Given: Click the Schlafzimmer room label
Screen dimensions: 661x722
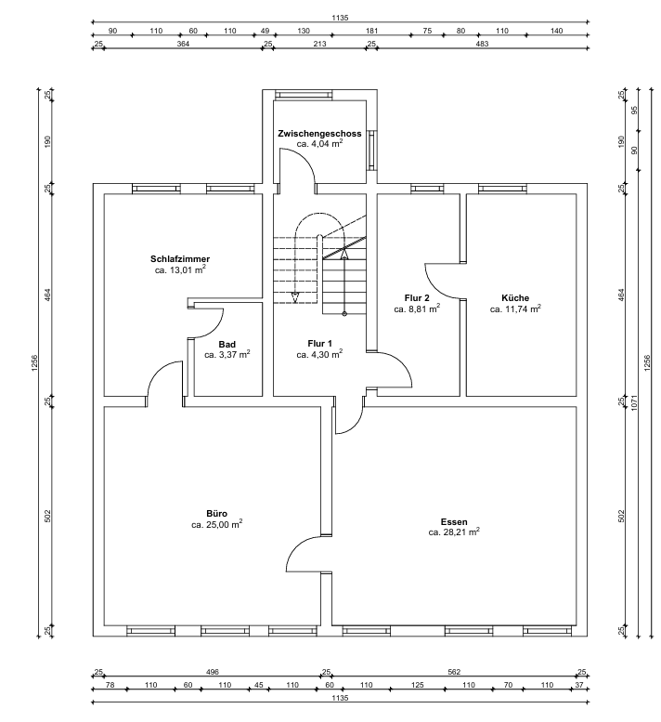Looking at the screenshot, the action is click(180, 258).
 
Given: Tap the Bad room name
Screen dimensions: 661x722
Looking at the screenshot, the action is click(227, 344).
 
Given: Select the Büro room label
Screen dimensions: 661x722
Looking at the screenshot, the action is click(216, 513).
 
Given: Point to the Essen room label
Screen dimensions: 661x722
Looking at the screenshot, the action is click(454, 522).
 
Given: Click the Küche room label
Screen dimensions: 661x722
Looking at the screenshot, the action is click(515, 297).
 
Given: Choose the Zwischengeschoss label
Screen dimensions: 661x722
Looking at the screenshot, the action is click(319, 135).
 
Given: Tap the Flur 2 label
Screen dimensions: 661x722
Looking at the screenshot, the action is click(417, 297).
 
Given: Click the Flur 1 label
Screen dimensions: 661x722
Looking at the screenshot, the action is click(319, 344).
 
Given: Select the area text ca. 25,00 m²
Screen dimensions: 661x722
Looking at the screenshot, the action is click(217, 525).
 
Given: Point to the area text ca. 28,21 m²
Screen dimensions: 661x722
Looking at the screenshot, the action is click(454, 533).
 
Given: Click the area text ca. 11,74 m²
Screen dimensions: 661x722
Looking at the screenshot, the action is click(515, 308).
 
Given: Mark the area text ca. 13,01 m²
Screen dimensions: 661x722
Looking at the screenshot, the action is click(180, 270).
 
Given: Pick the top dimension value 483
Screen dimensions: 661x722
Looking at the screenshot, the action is click(483, 43).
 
